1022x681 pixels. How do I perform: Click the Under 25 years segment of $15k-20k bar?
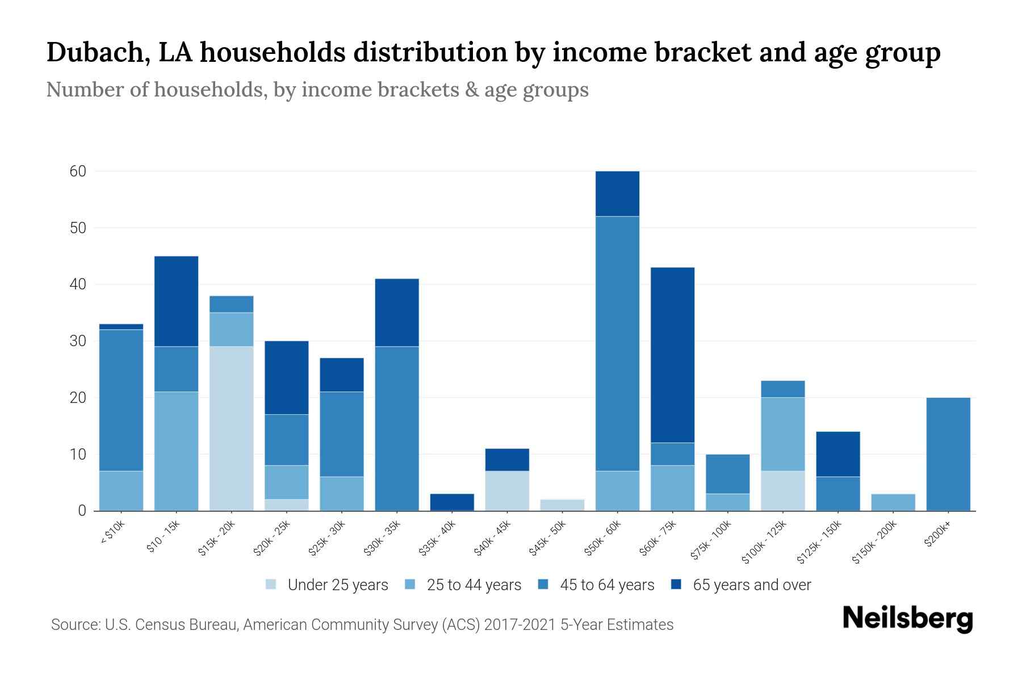coord(231,428)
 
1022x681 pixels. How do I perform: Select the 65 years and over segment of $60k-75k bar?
coord(672,355)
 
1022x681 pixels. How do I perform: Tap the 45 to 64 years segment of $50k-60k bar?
coord(617,343)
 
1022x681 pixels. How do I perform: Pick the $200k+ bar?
coord(948,454)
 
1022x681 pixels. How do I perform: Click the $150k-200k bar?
coord(893,502)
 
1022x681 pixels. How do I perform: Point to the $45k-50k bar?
coord(562,505)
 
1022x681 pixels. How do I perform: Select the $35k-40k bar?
coord(452,502)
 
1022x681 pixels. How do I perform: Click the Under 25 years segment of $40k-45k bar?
coord(507,491)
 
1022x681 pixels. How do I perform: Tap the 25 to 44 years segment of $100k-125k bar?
coord(782,434)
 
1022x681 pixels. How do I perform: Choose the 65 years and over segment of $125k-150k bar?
coord(837,454)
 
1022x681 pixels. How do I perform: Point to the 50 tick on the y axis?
coord(78,228)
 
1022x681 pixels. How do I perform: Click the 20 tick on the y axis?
coord(78,398)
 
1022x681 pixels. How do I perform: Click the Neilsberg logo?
coord(907,619)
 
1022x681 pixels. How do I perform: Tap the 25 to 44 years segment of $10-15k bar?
coord(176,451)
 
